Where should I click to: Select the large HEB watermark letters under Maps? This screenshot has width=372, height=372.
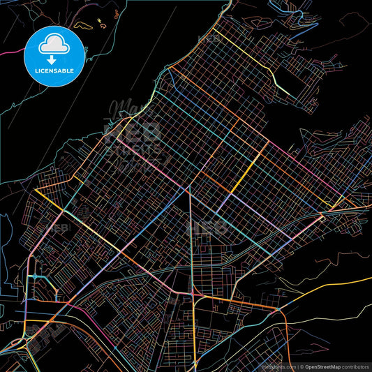133,133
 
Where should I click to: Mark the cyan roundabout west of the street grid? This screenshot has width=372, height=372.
33,277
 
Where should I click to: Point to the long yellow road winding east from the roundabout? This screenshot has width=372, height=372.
328,286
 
